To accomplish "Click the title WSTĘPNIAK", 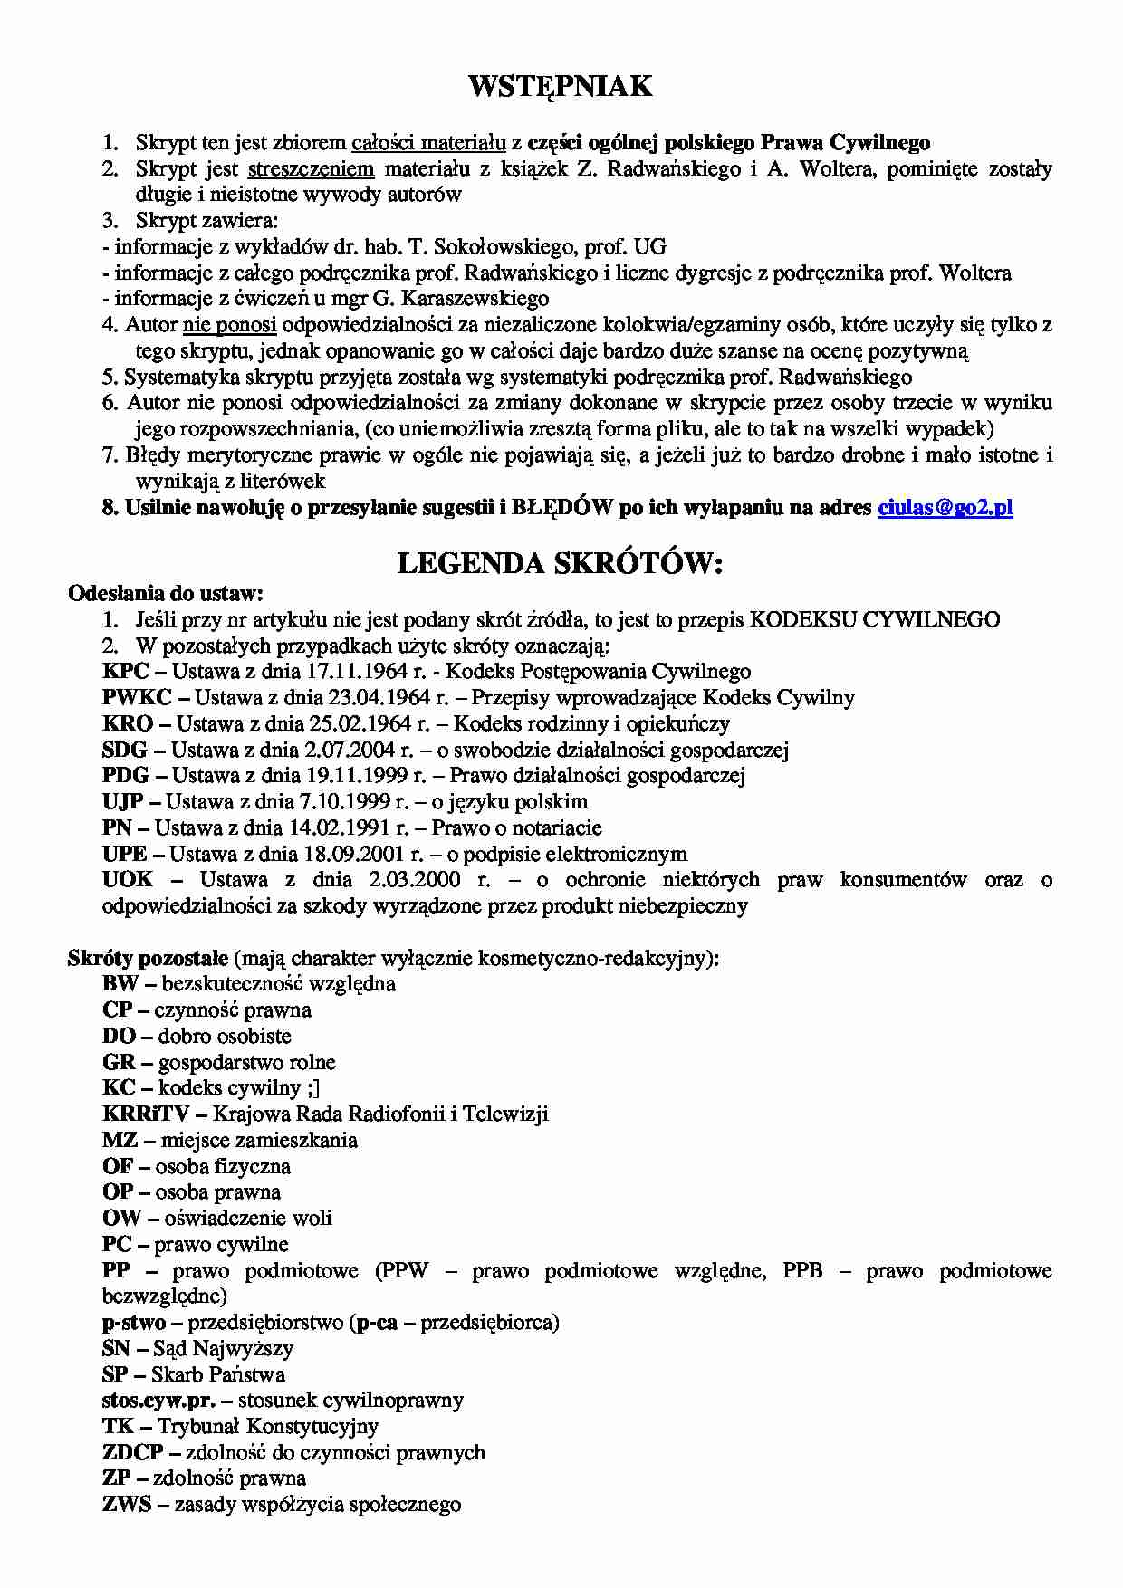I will pos(561,87).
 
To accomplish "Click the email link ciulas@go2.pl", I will pos(945,508).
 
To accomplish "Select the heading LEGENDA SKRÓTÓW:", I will pos(561,564).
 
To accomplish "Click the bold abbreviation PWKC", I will pos(138,697).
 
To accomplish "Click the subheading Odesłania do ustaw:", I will pos(166,594).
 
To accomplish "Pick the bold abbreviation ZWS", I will pos(127,1505).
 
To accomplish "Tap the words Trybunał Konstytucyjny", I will pos(268,1427).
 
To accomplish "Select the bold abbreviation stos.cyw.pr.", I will pos(159,1401).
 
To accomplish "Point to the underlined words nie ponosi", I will pos(229,325).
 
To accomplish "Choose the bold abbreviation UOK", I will pos(128,880).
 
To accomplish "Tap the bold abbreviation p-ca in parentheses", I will pos(377,1323).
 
